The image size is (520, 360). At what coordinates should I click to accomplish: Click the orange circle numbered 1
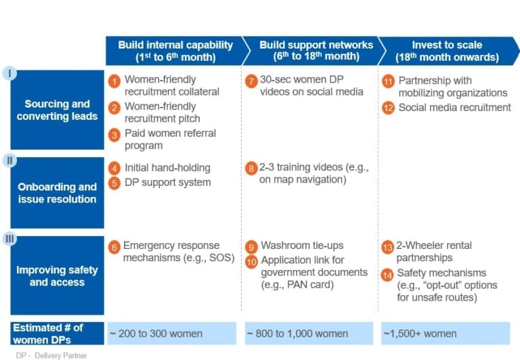pos(114,81)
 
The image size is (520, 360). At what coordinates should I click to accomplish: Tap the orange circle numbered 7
pos(251,81)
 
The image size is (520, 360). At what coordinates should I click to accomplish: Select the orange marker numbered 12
pos(389,108)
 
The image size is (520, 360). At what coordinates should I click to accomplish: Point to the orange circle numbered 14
pos(387,275)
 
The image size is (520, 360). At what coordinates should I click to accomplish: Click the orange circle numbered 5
pos(114,183)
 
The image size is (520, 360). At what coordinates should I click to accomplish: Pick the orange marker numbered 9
pos(251,247)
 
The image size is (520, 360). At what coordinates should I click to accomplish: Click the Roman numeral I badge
pos(9,73)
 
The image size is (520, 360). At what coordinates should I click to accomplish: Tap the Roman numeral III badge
pos(9,239)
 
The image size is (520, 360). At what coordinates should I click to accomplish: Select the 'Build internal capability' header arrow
pos(178,51)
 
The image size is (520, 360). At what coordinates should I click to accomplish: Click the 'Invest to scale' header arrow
pos(449,51)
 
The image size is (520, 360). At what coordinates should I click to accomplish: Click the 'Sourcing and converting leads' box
pos(58,110)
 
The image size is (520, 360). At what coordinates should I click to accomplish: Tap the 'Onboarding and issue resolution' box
pos(58,193)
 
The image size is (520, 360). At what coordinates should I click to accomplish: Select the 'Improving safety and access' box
pos(58,275)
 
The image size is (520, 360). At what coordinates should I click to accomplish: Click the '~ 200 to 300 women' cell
pos(172,334)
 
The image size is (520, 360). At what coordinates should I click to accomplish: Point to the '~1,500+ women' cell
pos(446,334)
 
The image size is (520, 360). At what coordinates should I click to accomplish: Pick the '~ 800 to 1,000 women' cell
pos(309,334)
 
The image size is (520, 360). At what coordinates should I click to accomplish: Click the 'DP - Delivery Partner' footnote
pos(51,355)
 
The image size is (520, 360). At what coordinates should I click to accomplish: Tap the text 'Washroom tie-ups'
pos(302,246)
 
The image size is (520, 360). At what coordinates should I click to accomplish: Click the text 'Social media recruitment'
pos(455,108)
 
